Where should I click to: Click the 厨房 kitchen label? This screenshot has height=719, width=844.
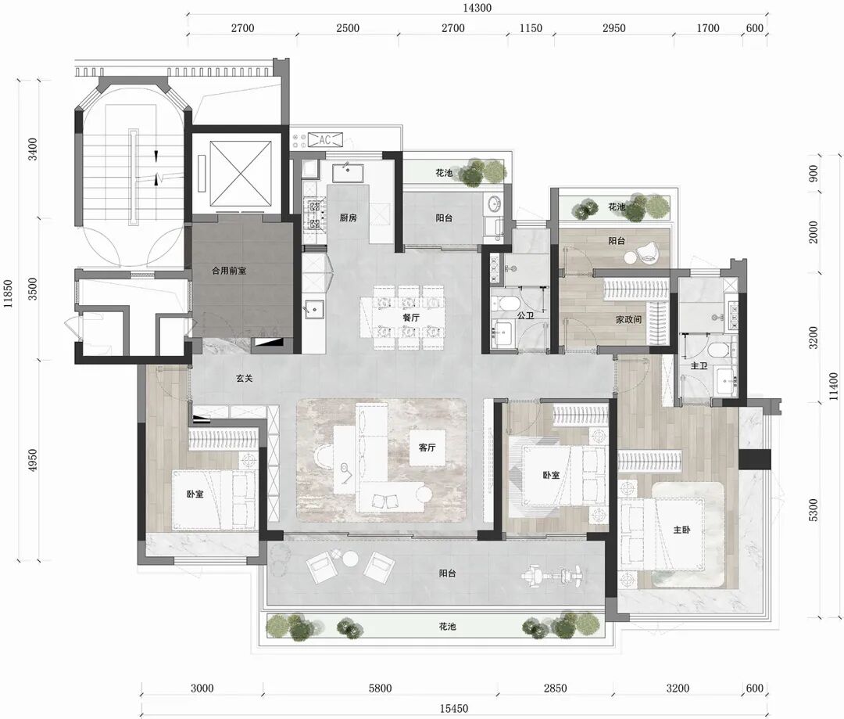[x=349, y=217]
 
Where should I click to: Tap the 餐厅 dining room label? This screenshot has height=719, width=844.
[x=411, y=318]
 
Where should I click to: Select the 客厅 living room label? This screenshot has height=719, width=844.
[x=427, y=447]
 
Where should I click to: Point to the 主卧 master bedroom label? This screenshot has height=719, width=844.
[x=681, y=530]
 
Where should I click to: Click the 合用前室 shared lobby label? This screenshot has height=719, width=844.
[x=229, y=271]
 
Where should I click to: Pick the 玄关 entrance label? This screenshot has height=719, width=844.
[x=244, y=379]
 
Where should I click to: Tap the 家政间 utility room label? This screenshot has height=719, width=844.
[x=628, y=319]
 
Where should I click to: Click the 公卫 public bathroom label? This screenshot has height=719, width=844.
[x=525, y=315]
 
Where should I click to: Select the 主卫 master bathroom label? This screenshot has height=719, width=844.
[x=699, y=366]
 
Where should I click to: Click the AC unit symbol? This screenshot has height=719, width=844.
[x=324, y=140]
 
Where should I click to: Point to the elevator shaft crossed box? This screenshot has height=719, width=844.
[x=241, y=174]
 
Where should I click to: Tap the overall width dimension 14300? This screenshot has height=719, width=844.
[x=477, y=8]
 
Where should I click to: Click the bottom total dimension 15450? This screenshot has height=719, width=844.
[x=454, y=708]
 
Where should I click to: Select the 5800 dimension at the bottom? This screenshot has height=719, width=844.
[x=380, y=688]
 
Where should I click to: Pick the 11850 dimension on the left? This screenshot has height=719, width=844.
[x=8, y=294]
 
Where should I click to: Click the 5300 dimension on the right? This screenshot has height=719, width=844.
[x=813, y=510]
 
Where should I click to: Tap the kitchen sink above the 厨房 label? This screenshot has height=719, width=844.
[x=347, y=173]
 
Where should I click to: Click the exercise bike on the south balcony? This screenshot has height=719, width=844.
[x=553, y=576]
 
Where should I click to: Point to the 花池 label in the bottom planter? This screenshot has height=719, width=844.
[x=447, y=627]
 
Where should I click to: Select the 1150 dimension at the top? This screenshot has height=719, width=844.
[x=531, y=28]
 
